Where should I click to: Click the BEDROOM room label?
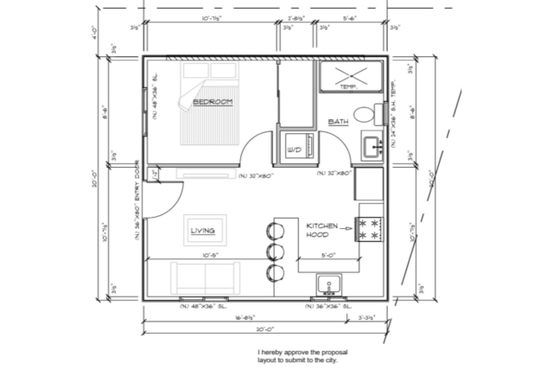pos(213,103)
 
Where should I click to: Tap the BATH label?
pos(338,123)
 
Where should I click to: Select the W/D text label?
pos(293,151)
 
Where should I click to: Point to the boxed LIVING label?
pos(203,230)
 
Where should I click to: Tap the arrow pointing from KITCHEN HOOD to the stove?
pos(346,229)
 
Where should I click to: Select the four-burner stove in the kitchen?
pos(371,228)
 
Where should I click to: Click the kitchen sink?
pos(328,284)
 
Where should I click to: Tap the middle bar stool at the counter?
pos(275,251)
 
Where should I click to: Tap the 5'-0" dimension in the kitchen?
pos(329,256)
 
